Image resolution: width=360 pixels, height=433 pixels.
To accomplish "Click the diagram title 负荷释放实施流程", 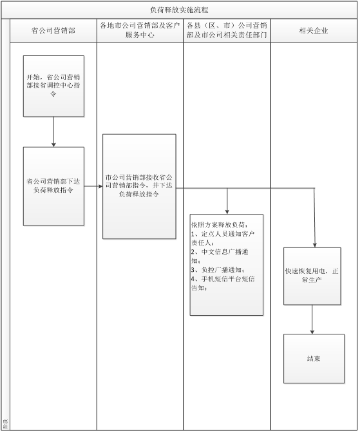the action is pyautogui.click(x=179, y=10).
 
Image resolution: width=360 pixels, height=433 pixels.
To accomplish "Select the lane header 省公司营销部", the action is pyautogui.click(x=53, y=30).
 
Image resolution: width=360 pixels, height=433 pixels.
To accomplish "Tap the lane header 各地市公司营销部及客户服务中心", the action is pyautogui.click(x=140, y=30).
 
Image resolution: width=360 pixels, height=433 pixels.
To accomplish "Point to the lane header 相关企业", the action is pyautogui.click(x=314, y=30).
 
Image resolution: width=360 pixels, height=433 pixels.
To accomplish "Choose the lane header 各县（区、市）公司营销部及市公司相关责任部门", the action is pyautogui.click(x=227, y=30).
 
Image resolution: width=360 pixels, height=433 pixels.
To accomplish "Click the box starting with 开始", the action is pyautogui.click(x=53, y=86).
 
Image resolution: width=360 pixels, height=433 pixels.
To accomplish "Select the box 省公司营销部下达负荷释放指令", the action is pyautogui.click(x=53, y=186).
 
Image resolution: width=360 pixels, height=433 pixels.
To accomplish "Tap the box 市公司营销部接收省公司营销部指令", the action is pyautogui.click(x=139, y=186).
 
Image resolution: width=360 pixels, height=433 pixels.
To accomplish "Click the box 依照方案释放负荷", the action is pyautogui.click(x=227, y=265).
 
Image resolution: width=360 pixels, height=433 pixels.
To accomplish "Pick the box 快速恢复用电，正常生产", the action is pyautogui.click(x=312, y=276).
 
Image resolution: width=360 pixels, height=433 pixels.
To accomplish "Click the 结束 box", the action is pyautogui.click(x=314, y=359).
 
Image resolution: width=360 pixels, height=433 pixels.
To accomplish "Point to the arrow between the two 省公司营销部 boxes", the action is pyautogui.click(x=53, y=131).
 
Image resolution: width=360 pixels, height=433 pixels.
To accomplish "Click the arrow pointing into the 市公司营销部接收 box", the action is pyautogui.click(x=93, y=186).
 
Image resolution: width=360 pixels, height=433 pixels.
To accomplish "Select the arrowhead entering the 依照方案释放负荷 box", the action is pyautogui.click(x=227, y=212).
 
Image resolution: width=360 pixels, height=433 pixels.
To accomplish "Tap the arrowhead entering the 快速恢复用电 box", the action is pyautogui.click(x=315, y=245).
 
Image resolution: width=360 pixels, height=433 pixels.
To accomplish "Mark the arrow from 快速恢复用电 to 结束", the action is pyautogui.click(x=312, y=320).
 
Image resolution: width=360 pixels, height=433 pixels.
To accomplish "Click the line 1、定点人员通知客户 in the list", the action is pyautogui.click(x=223, y=234).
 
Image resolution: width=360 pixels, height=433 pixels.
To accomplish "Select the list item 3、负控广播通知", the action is pyautogui.click(x=218, y=270).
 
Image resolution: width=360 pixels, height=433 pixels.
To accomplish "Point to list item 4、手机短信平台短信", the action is pyautogui.click(x=223, y=278).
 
